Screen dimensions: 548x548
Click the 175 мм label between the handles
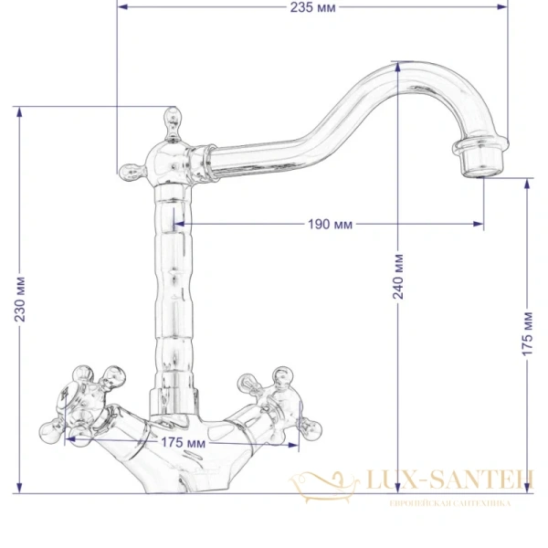pyautogui.click(x=182, y=443)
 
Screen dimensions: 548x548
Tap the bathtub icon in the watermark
pyautogui.click(x=320, y=483)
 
